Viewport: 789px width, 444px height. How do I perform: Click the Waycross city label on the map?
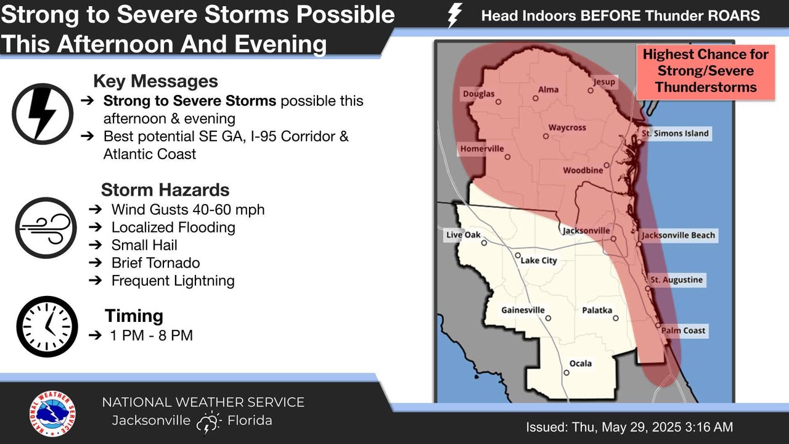(567, 127)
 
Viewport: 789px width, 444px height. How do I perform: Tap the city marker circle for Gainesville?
(548, 318)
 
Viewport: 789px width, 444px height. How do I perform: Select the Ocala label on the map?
(581, 363)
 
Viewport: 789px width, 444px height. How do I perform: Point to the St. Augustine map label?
(677, 280)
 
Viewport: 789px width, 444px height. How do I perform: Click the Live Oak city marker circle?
(484, 243)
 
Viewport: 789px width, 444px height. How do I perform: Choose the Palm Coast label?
(684, 331)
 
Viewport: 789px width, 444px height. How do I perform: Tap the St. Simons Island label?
(675, 134)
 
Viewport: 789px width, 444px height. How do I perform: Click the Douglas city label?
(479, 94)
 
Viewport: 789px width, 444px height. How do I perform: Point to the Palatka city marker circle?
(616, 318)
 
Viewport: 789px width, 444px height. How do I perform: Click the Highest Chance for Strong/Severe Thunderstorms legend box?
(706, 72)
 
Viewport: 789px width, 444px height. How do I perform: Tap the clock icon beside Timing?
(47, 326)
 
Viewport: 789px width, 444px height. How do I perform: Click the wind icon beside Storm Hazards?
(46, 228)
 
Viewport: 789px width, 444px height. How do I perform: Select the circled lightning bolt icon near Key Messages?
(43, 114)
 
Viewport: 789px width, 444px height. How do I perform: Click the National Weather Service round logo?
(52, 413)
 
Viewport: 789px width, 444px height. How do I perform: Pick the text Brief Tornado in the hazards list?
(156, 263)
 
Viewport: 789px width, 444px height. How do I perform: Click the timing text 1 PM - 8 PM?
(152, 335)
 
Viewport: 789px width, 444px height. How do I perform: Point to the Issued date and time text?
(629, 427)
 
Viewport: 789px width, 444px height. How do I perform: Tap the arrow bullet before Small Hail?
(96, 245)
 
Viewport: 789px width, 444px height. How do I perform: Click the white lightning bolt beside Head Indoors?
(454, 16)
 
